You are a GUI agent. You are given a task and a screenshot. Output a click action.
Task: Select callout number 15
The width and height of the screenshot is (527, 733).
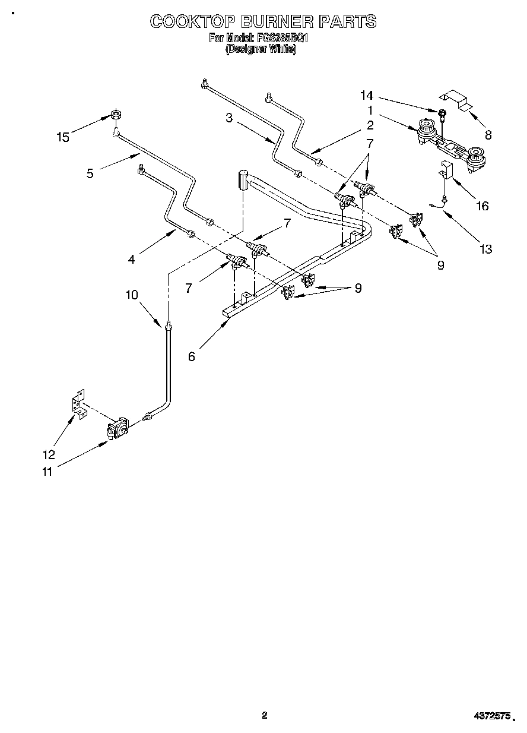pos(63,138)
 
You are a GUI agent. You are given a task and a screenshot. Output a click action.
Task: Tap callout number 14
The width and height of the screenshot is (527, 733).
pos(367,96)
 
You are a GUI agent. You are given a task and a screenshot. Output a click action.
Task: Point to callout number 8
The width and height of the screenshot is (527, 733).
pos(488,135)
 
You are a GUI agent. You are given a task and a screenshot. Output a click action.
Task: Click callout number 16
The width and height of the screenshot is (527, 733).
pos(482,206)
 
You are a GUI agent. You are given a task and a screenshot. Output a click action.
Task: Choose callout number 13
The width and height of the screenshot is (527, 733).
pos(485,249)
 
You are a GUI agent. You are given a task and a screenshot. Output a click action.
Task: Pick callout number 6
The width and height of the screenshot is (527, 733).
pos(192,356)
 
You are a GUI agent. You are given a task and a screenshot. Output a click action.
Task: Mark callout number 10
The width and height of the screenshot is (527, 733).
pos(132,295)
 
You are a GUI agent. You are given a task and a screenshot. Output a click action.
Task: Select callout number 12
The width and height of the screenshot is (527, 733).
pos(49,455)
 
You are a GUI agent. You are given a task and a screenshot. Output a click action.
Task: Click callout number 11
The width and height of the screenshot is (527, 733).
pos(46,472)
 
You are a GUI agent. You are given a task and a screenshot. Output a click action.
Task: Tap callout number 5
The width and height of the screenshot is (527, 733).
pos(90,174)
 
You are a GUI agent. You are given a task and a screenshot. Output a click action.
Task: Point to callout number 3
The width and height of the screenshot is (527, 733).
pos(228,118)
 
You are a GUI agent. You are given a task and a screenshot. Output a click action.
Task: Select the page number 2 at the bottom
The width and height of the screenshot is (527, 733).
pos(265,715)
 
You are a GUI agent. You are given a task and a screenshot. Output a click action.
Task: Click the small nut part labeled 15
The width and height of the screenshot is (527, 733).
pos(116,114)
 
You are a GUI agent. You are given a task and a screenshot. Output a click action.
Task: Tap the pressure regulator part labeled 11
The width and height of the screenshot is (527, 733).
pos(117,428)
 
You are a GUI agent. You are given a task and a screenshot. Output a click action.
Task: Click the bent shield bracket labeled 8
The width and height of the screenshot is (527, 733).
pos(455,99)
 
